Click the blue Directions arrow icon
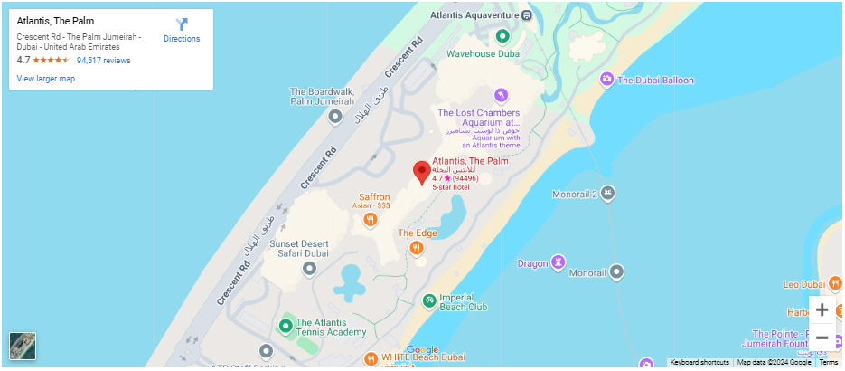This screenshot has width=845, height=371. [182, 24]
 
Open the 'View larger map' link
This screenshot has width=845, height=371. [45, 79]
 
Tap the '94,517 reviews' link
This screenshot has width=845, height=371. [104, 61]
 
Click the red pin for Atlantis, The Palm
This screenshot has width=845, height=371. [422, 172]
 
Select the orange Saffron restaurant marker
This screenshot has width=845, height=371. [371, 219]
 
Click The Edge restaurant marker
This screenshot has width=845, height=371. [417, 247]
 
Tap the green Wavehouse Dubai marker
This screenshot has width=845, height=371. [503, 37]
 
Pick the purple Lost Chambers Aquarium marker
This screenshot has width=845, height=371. [502, 95]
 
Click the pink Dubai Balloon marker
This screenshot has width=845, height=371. [607, 81]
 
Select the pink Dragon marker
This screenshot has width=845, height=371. [559, 263]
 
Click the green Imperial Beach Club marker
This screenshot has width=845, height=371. [428, 300]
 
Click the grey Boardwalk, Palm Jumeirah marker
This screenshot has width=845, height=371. [335, 117]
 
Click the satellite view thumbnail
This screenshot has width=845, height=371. [23, 346]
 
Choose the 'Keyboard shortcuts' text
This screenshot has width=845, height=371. [699, 363]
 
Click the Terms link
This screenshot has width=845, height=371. [829, 363]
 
